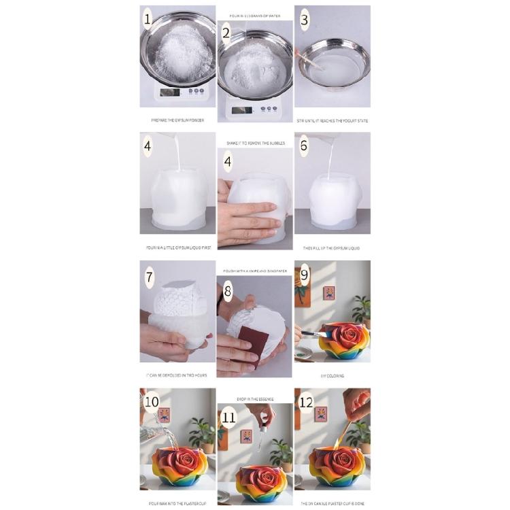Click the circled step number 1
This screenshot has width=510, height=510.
click(x=148, y=19)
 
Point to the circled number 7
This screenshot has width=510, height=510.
click(x=149, y=277)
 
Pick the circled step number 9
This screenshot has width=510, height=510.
click(x=305, y=275)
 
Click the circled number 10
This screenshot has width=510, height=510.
click(x=150, y=401)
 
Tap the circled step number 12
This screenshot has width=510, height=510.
click(x=306, y=402)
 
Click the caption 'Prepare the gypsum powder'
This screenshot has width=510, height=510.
click(x=177, y=120)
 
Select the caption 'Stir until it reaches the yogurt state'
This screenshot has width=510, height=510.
click(x=333, y=120)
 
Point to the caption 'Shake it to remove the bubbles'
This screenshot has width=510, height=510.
click(x=254, y=143)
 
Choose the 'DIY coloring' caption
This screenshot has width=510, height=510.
click(x=333, y=375)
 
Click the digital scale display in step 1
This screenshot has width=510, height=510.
click(x=171, y=92)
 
